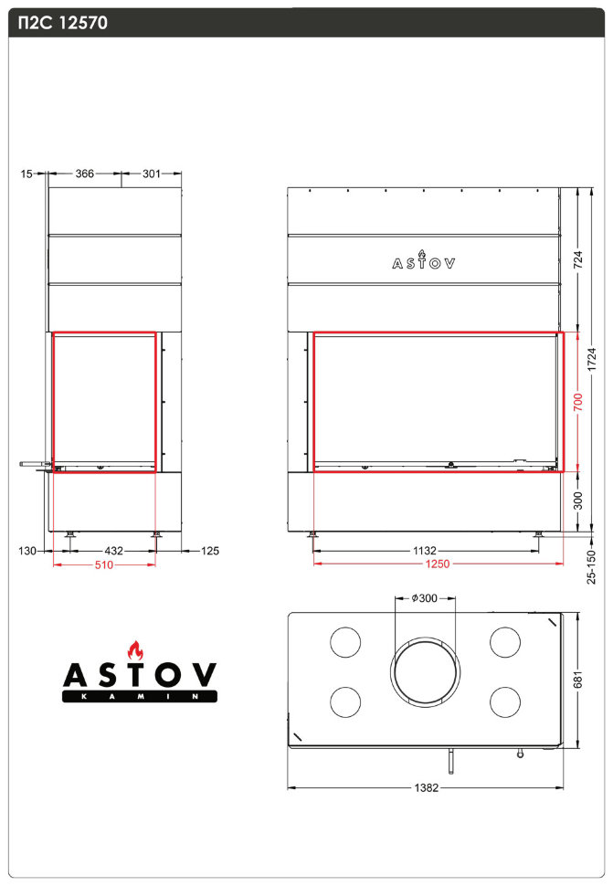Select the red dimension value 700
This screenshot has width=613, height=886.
click(x=576, y=403)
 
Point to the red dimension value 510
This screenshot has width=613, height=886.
click(x=104, y=564)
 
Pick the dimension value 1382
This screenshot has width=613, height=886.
click(x=426, y=786)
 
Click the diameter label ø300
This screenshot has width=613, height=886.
click(x=425, y=598)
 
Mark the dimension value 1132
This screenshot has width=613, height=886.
click(x=424, y=550)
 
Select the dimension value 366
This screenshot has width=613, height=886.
click(x=85, y=173)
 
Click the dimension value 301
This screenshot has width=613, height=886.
click(x=151, y=173)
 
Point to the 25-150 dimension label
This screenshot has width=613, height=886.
click(x=592, y=566)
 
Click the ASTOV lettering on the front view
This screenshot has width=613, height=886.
click(x=424, y=263)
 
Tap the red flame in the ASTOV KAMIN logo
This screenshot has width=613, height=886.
click(x=138, y=650)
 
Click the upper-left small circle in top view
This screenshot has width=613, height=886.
click(x=344, y=642)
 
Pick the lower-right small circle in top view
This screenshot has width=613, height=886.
click(x=505, y=701)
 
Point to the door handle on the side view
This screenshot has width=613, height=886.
click(x=33, y=465)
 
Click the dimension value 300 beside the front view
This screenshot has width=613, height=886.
click(x=576, y=501)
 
